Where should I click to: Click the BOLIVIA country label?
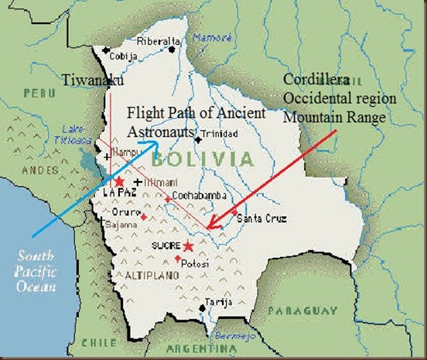(x=203, y=160)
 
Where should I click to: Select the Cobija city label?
(x=123, y=57)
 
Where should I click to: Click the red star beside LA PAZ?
(x=119, y=181)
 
